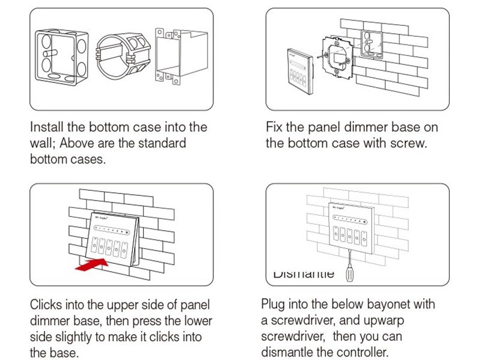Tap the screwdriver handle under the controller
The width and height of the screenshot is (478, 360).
(x=348, y=273)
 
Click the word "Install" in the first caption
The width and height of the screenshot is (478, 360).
(x=48, y=127)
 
